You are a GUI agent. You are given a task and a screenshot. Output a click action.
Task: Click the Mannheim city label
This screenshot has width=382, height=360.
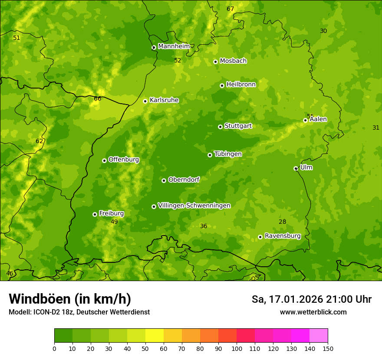tap(174, 46)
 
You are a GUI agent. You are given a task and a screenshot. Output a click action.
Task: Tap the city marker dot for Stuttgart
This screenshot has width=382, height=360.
tap(220, 127)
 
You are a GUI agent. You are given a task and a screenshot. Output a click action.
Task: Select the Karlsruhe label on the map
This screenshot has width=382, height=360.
tap(164, 100)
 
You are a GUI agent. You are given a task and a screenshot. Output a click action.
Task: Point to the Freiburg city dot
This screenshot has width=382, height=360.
tap(95, 214)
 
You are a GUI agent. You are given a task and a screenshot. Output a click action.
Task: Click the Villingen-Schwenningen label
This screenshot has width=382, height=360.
tap(194, 206)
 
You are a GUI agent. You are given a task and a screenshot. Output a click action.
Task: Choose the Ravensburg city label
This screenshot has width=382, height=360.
tap(282, 236)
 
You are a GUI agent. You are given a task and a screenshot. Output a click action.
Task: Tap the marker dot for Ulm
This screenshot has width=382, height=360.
tap(296, 168)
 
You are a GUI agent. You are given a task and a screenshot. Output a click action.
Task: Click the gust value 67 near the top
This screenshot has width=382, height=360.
tap(230, 9)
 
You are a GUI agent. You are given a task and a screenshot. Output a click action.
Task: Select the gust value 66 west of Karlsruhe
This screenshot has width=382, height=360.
tap(98, 98)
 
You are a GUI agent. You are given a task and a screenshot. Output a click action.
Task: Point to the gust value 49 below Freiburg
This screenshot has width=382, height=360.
tap(114, 222)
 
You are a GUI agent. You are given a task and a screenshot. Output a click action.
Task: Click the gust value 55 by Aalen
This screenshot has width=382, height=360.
tap(310, 116)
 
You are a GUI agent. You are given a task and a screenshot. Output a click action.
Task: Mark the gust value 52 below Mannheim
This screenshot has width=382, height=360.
tap(178, 60)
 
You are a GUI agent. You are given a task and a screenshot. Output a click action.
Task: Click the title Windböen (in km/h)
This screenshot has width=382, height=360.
tap(70, 299)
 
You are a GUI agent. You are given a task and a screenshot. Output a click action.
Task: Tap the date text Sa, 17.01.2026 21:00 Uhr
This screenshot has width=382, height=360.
tap(311, 299)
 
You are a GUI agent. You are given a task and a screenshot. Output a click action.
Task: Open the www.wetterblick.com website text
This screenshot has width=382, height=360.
tap(313, 312)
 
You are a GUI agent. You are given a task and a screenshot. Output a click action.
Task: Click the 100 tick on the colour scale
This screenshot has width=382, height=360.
tap(237, 348)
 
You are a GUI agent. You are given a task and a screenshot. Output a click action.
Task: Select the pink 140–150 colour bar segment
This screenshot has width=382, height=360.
tap(319, 335)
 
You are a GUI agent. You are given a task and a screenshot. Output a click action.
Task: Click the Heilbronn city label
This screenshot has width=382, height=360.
tap(241, 85)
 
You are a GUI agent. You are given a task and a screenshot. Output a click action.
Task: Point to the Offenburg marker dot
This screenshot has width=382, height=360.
tap(104, 160)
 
